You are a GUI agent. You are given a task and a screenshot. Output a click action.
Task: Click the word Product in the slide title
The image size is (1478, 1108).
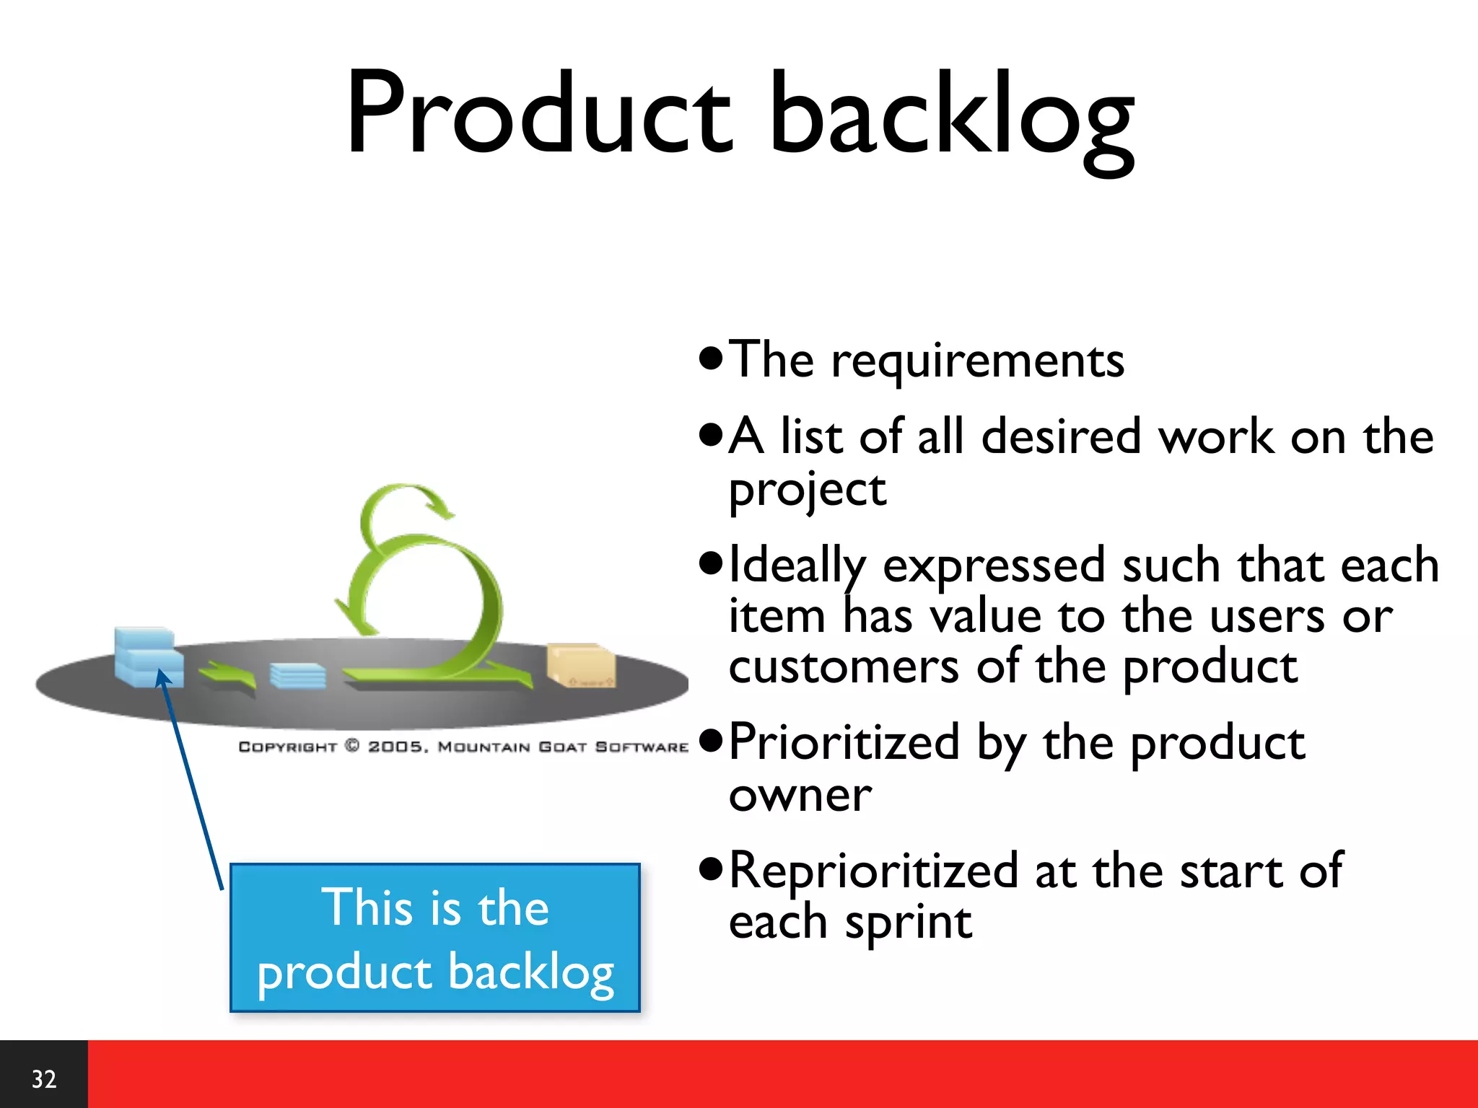(538, 114)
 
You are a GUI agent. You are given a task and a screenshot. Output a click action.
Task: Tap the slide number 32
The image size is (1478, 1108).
(43, 1078)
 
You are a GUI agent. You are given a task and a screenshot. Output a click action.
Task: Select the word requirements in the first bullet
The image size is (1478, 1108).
(977, 361)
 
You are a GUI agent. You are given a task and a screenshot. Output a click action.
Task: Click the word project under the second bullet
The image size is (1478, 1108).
(807, 491)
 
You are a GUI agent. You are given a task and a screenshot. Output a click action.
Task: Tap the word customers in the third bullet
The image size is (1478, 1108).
(844, 667)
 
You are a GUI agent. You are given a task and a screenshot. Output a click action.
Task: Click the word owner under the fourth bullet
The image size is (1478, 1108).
(800, 796)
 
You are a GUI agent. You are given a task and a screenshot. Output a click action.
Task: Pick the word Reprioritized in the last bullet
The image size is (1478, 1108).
(873, 871)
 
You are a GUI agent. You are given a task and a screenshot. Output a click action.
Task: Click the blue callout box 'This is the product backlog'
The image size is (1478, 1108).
(435, 938)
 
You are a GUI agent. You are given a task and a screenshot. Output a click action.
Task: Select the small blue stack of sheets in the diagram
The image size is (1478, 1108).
(297, 676)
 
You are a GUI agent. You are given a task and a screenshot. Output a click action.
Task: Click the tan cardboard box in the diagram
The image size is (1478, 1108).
(581, 664)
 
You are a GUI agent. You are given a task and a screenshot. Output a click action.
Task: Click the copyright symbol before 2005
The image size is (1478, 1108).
(352, 746)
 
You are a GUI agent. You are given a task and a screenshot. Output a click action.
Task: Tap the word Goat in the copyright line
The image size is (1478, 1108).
(562, 747)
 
